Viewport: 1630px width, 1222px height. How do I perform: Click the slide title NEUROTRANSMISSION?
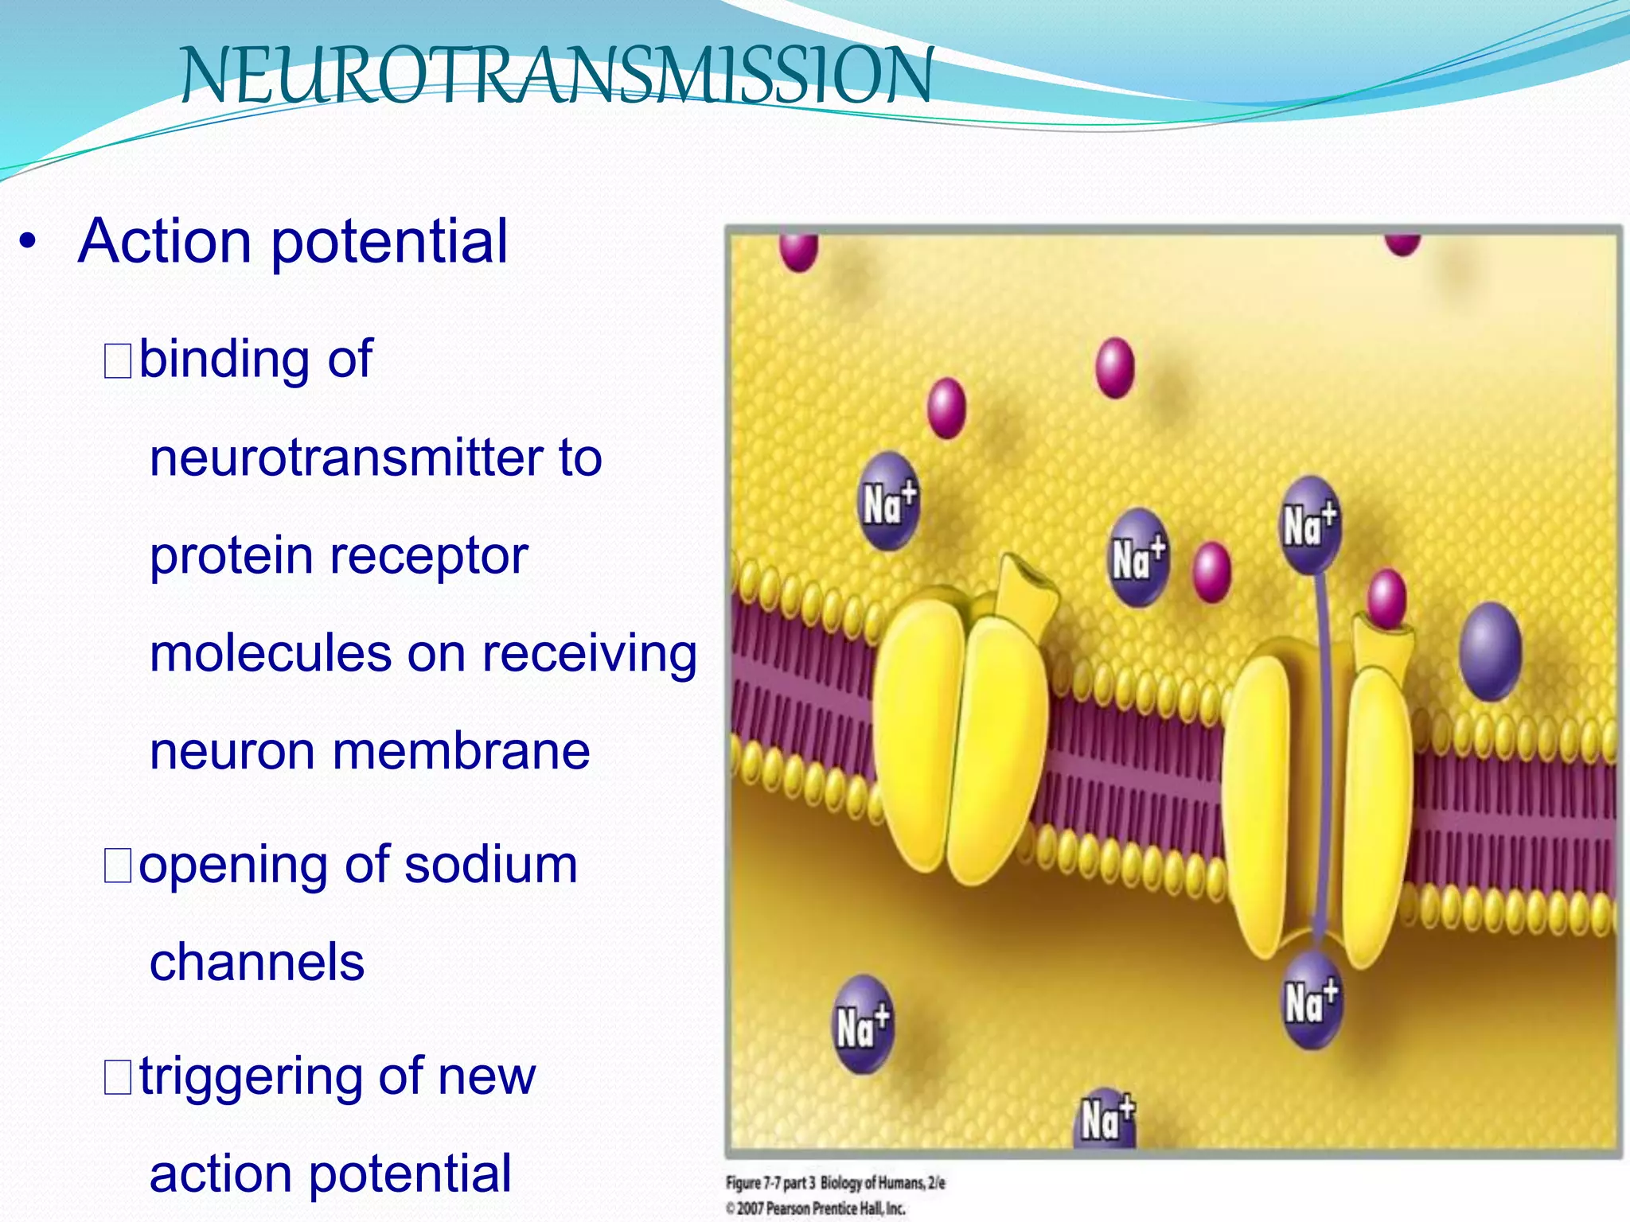coord(557,76)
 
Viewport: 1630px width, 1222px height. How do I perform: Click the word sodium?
coord(490,865)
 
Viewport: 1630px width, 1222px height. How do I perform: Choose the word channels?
coord(257,963)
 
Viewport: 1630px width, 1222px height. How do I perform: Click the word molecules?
coord(271,653)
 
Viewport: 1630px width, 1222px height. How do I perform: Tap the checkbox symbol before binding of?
coord(118,361)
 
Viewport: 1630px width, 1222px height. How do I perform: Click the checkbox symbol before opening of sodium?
coord(118,866)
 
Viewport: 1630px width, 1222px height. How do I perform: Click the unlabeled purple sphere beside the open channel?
coord(1490,651)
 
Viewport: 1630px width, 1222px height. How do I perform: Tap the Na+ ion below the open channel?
coord(1311,1002)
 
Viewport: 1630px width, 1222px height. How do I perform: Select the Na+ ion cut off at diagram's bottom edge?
coord(1106,1119)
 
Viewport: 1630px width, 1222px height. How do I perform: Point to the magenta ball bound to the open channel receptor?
coord(1386,598)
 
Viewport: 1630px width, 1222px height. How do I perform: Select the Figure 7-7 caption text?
coord(835,1183)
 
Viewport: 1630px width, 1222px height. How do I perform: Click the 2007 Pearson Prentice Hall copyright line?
coord(816,1208)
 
